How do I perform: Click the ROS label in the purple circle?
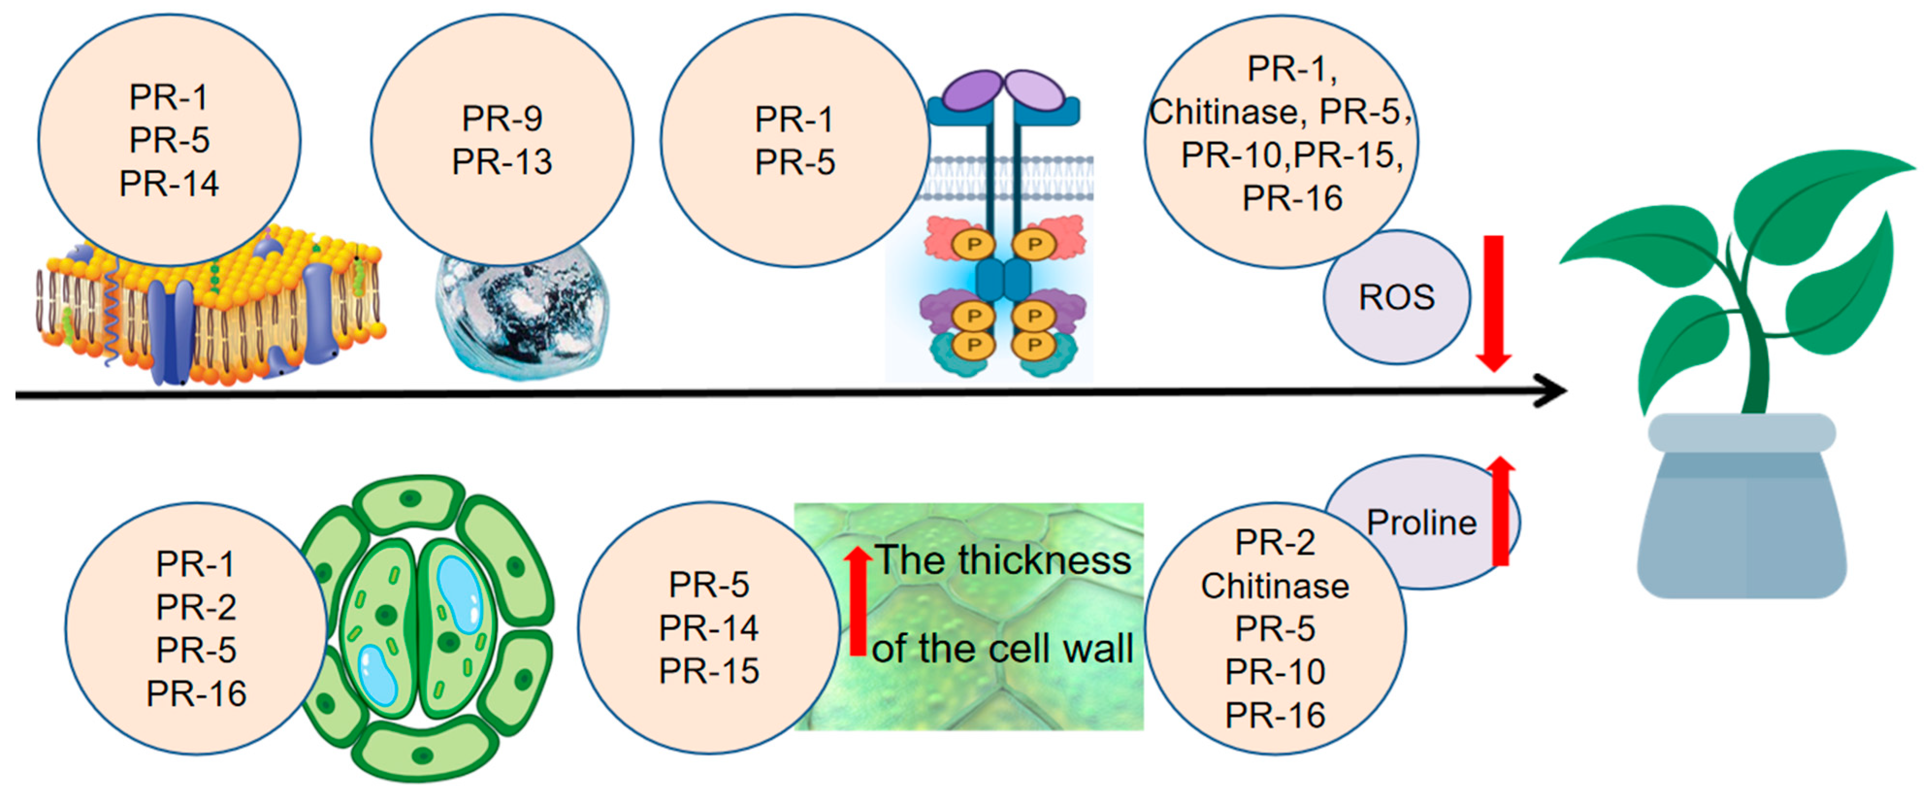pyautogui.click(x=1396, y=298)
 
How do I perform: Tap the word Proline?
pyautogui.click(x=1421, y=523)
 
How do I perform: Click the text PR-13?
pyautogui.click(x=502, y=161)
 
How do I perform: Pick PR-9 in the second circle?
pyautogui.click(x=502, y=118)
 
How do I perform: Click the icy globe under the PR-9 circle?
pyautogui.click(x=523, y=314)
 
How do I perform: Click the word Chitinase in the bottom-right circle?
pyautogui.click(x=1275, y=586)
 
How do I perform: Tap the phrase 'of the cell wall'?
pyautogui.click(x=1002, y=648)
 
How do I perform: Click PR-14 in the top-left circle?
pyautogui.click(x=169, y=184)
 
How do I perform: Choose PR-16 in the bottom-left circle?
pyautogui.click(x=196, y=694)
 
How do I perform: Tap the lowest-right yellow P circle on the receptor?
pyautogui.click(x=1034, y=345)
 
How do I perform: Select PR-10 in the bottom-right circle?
pyautogui.click(x=1275, y=672)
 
